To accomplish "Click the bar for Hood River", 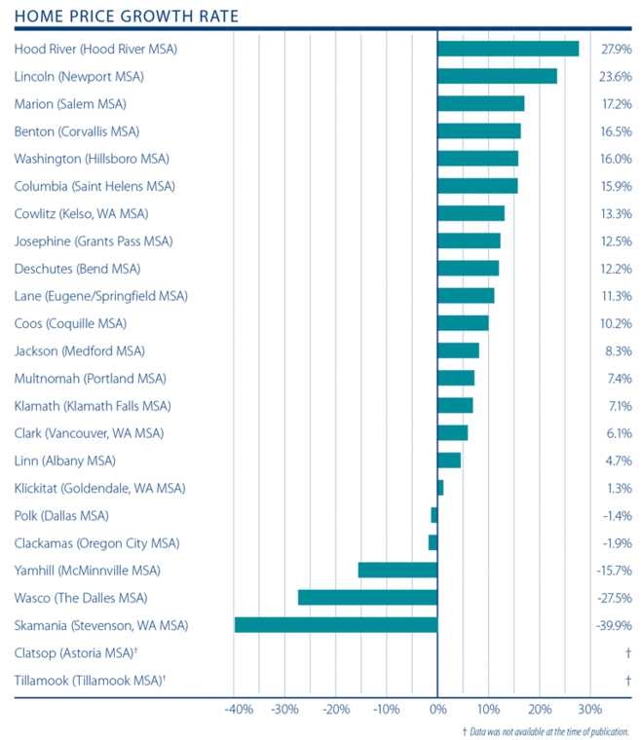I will [508, 49].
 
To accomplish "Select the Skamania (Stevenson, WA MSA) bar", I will [336, 625].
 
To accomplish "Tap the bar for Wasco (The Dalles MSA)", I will [367, 598].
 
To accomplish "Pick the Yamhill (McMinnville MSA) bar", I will [397, 571].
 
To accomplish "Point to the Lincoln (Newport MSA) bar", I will [497, 76].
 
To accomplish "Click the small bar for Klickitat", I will [440, 488].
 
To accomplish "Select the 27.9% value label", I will [616, 49].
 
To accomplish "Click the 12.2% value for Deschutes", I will [616, 269].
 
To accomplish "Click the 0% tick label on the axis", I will [437, 709].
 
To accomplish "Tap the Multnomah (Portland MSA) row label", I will [91, 378].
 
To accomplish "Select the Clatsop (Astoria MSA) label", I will [83, 652].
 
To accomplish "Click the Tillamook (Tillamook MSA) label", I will [91, 680].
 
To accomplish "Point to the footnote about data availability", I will [546, 730].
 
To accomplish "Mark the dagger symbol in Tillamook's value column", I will [627, 680].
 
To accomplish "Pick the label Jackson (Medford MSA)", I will [81, 351].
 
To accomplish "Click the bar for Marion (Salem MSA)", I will [481, 103].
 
